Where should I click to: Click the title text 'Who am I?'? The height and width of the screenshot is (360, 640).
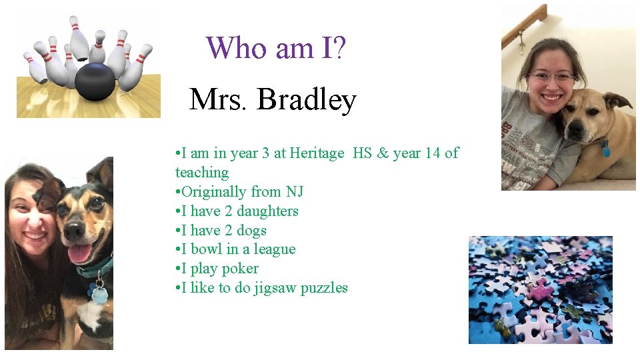pyautogui.click(x=275, y=48)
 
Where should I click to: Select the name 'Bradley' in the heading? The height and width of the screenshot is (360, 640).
pyautogui.click(x=307, y=100)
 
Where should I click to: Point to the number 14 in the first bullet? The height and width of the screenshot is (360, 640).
pyautogui.click(x=433, y=153)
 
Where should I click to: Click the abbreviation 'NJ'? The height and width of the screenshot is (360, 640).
pyautogui.click(x=294, y=192)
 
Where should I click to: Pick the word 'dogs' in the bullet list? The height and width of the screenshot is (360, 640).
pyautogui.click(x=252, y=231)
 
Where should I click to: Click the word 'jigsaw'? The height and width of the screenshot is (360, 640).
pyautogui.click(x=275, y=288)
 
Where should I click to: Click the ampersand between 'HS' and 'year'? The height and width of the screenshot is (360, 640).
pyautogui.click(x=382, y=153)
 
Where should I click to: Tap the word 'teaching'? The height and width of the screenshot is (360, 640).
pyautogui.click(x=202, y=173)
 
